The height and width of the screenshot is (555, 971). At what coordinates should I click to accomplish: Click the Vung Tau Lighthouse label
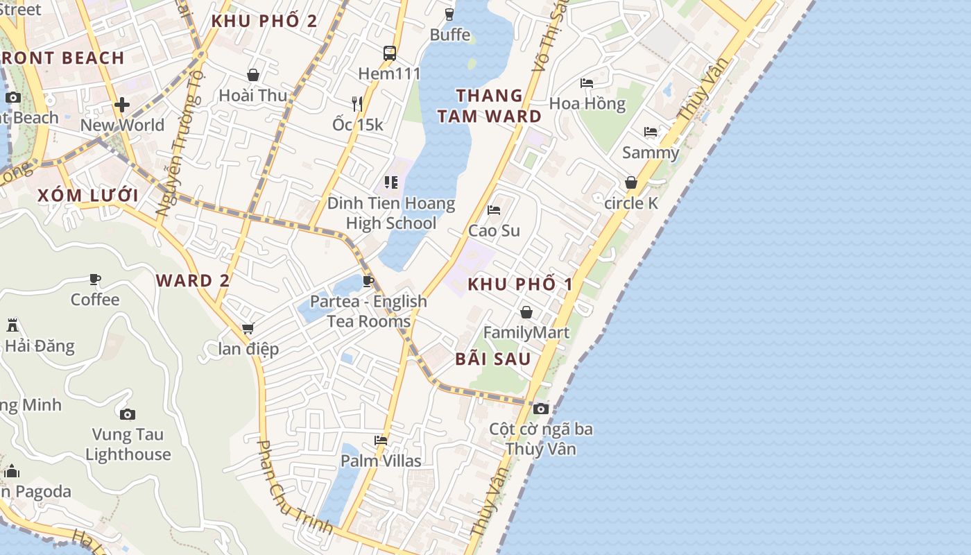click(x=128, y=445)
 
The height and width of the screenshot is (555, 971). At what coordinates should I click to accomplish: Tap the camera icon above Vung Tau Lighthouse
click(x=127, y=414)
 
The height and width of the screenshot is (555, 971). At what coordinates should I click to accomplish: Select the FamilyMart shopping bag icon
click(x=526, y=312)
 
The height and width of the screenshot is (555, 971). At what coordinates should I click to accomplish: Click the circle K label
click(x=630, y=203)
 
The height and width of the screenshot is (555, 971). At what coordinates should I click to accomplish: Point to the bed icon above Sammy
click(x=650, y=131)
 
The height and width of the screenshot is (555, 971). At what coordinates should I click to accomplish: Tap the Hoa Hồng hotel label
click(x=587, y=104)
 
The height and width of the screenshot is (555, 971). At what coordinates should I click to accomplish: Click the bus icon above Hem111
click(x=389, y=53)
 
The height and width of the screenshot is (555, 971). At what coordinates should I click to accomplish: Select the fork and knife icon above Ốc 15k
click(x=357, y=104)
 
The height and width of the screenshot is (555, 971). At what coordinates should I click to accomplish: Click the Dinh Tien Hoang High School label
click(x=391, y=213)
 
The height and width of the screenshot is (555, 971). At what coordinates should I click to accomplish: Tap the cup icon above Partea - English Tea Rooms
click(x=368, y=281)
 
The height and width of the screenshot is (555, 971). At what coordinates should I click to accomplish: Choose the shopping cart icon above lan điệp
click(x=248, y=328)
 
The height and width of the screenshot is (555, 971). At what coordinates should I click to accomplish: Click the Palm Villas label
click(x=381, y=461)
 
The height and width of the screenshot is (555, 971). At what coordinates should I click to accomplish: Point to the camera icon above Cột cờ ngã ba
click(x=541, y=409)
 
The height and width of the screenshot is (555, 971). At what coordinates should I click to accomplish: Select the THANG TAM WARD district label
click(x=489, y=105)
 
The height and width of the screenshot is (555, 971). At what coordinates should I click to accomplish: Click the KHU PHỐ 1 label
click(x=520, y=284)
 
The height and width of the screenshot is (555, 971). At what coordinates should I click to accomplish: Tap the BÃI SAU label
click(x=493, y=359)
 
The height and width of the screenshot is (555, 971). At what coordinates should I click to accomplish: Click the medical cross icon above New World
click(x=122, y=105)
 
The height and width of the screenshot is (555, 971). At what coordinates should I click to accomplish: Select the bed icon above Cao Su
click(x=494, y=210)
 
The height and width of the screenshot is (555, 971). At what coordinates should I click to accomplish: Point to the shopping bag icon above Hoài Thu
click(x=253, y=75)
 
